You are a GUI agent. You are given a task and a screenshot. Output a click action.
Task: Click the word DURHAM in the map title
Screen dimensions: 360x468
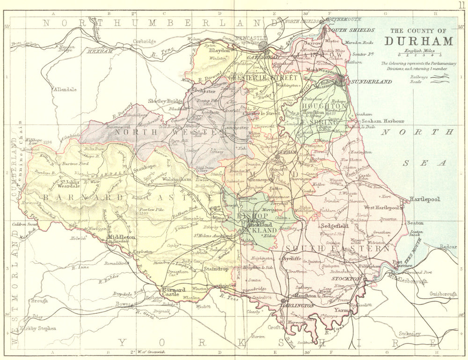click(x=419, y=41)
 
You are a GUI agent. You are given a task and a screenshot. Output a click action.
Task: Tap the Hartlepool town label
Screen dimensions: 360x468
click(x=425, y=199)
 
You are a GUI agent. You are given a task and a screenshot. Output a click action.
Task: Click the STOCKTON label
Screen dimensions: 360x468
click(x=346, y=279)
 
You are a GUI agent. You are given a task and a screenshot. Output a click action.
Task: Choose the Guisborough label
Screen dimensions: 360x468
click(x=443, y=294)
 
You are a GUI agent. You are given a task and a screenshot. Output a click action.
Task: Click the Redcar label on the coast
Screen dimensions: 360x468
click(x=448, y=247)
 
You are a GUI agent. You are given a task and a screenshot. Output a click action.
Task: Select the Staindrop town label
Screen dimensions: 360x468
click(x=215, y=269)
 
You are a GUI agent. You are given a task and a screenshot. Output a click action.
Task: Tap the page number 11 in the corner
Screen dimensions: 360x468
click(x=461, y=5)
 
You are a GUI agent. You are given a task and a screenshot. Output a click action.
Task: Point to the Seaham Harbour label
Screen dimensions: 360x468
click(x=386, y=121)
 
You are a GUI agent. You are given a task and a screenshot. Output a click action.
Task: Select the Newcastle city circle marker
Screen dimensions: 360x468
click(x=263, y=46)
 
